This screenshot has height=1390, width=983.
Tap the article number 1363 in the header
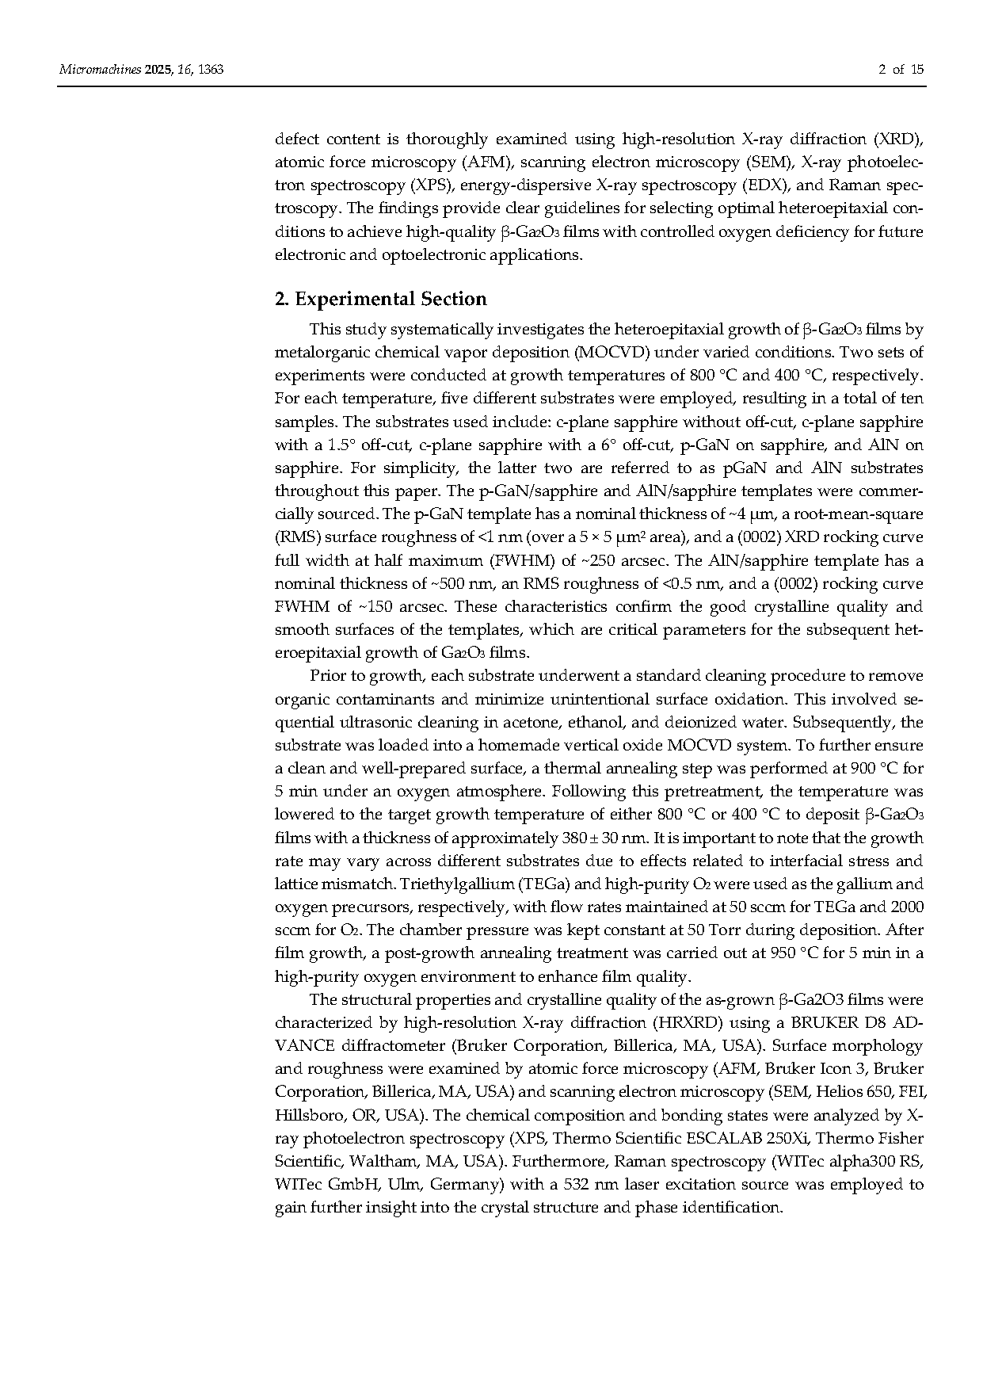[211, 70]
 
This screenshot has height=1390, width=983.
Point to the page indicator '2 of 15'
[901, 70]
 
